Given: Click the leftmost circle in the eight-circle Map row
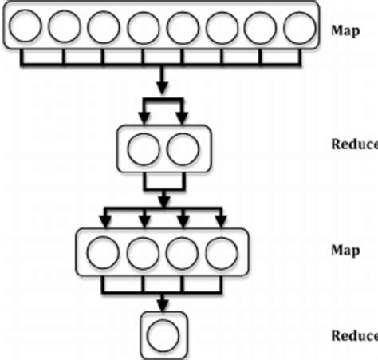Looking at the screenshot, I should coord(25,29).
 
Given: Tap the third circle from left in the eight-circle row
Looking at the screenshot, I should coord(104,29).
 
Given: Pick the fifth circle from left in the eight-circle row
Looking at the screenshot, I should coord(183,29).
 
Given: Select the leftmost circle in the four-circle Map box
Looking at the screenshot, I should coord(104,254).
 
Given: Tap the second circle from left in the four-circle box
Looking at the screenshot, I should coord(144,254).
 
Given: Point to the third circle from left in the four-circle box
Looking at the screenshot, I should coord(183,254).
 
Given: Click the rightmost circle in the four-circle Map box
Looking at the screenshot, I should coord(222,254).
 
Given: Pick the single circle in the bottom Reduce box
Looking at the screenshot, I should coord(163,334).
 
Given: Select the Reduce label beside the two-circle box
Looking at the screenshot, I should coord(353,144).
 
